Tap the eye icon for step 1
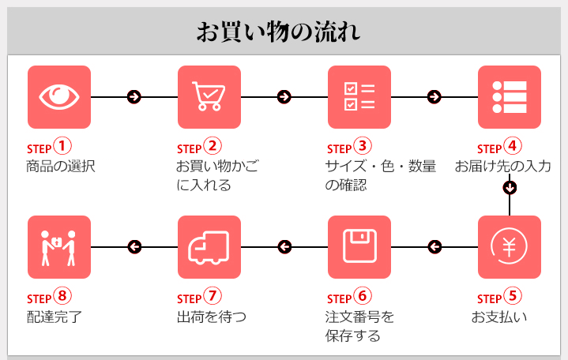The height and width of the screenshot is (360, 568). point(59,96)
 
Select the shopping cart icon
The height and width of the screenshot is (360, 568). point(209,96)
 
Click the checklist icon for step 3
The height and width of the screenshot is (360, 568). point(359,96)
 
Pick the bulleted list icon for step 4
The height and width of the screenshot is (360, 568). point(510,96)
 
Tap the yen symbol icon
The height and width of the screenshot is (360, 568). point(510,247)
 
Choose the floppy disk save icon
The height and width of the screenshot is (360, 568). point(359,247)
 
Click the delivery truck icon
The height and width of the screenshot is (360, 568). point(209,247)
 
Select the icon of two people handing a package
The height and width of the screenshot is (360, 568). point(59,247)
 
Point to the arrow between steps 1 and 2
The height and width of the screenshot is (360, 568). point(134,96)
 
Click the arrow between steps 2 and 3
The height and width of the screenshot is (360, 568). point(284,96)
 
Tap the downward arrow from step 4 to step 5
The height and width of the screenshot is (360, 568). point(510,187)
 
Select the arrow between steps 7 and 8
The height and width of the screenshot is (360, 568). point(134,247)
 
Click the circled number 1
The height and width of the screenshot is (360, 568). point(62,146)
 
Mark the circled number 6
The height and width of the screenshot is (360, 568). point(362,297)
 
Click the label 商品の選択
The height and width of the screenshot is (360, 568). point(61,167)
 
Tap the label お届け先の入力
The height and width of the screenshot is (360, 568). point(503,167)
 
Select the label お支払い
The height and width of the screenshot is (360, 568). point(499,317)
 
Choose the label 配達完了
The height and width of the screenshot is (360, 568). point(54,317)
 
